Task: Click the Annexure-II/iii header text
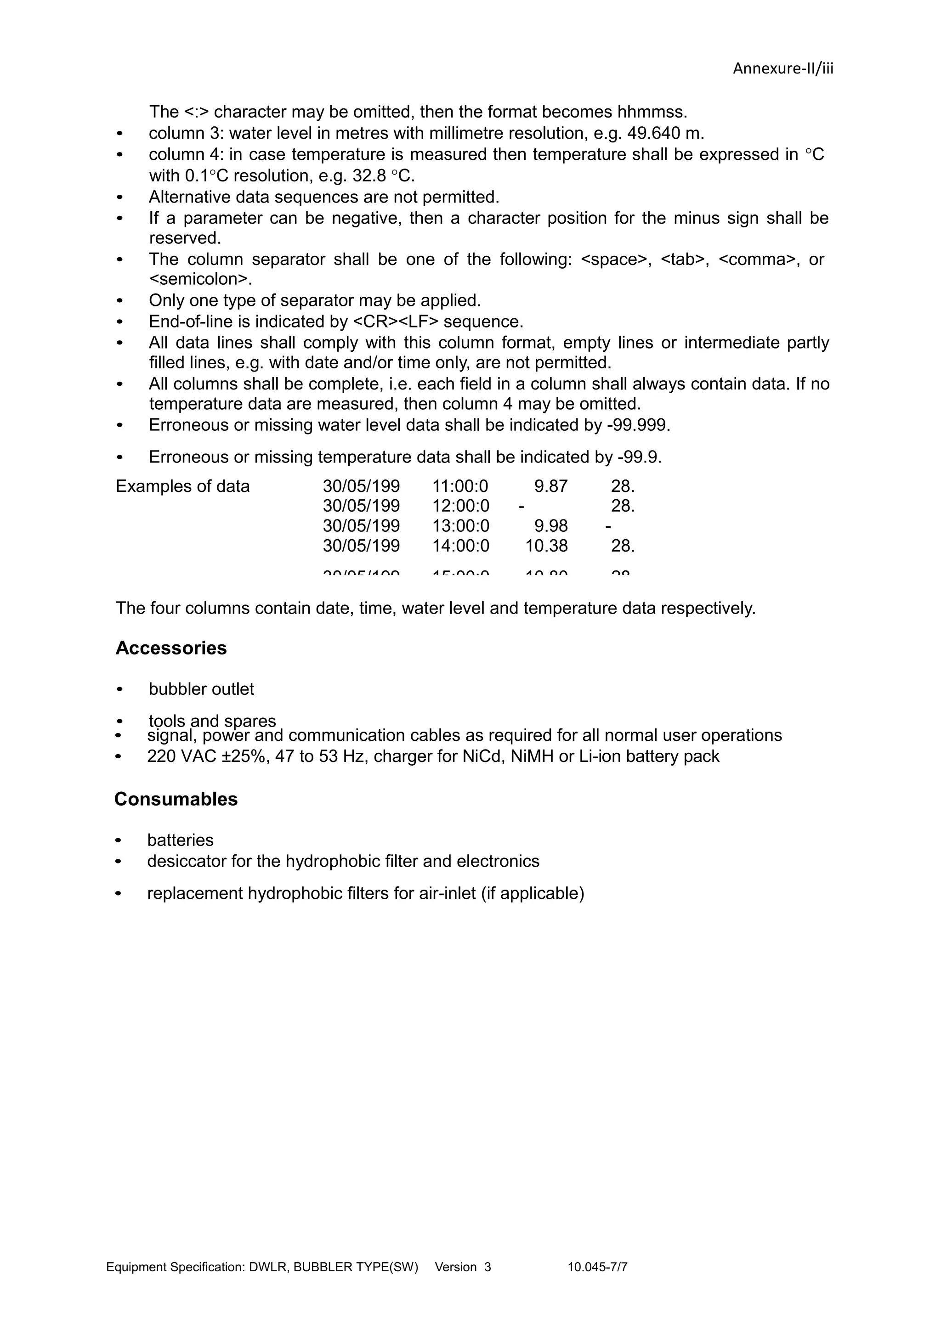pyautogui.click(x=783, y=68)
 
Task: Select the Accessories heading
pyautogui.click(x=171, y=648)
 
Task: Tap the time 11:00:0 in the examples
pyautogui.click(x=460, y=486)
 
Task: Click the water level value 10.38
pyautogui.click(x=546, y=546)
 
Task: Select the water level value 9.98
pyautogui.click(x=550, y=526)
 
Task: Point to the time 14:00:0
pyautogui.click(x=460, y=546)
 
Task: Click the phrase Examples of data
pyautogui.click(x=182, y=486)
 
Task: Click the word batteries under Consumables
pyautogui.click(x=180, y=840)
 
